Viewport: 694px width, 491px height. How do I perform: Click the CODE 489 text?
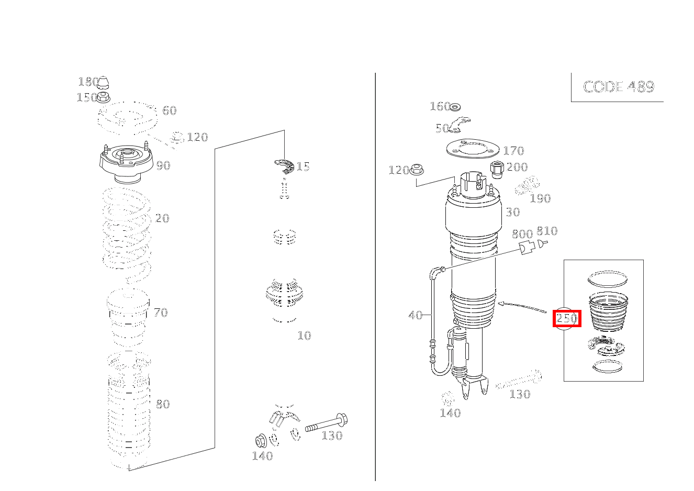tap(619, 87)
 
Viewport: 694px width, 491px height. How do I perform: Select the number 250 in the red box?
tap(567, 318)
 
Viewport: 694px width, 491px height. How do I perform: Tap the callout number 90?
tap(163, 166)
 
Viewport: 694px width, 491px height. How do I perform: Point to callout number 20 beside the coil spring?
tap(162, 218)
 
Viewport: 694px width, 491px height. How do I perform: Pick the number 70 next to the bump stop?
tap(161, 313)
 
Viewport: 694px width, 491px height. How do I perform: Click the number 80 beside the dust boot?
tap(163, 404)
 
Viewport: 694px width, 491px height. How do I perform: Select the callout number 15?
tap(303, 166)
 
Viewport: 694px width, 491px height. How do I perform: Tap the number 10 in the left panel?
tap(304, 336)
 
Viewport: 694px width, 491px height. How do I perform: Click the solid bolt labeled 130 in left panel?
tap(326, 423)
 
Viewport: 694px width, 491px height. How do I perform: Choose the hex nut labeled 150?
tap(103, 97)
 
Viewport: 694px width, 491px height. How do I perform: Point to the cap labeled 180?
tap(103, 82)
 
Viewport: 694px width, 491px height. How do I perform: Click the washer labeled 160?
tap(455, 107)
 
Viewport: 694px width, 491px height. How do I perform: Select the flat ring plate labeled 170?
tap(473, 149)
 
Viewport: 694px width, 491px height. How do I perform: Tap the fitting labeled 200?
tap(498, 170)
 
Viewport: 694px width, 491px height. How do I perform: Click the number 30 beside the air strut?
tap(513, 212)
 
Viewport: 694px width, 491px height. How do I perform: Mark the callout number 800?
tap(522, 234)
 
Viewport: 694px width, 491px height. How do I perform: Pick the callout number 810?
tap(547, 231)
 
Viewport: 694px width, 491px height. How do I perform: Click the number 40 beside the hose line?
tap(416, 315)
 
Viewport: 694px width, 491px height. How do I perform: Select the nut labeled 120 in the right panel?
tap(417, 170)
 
